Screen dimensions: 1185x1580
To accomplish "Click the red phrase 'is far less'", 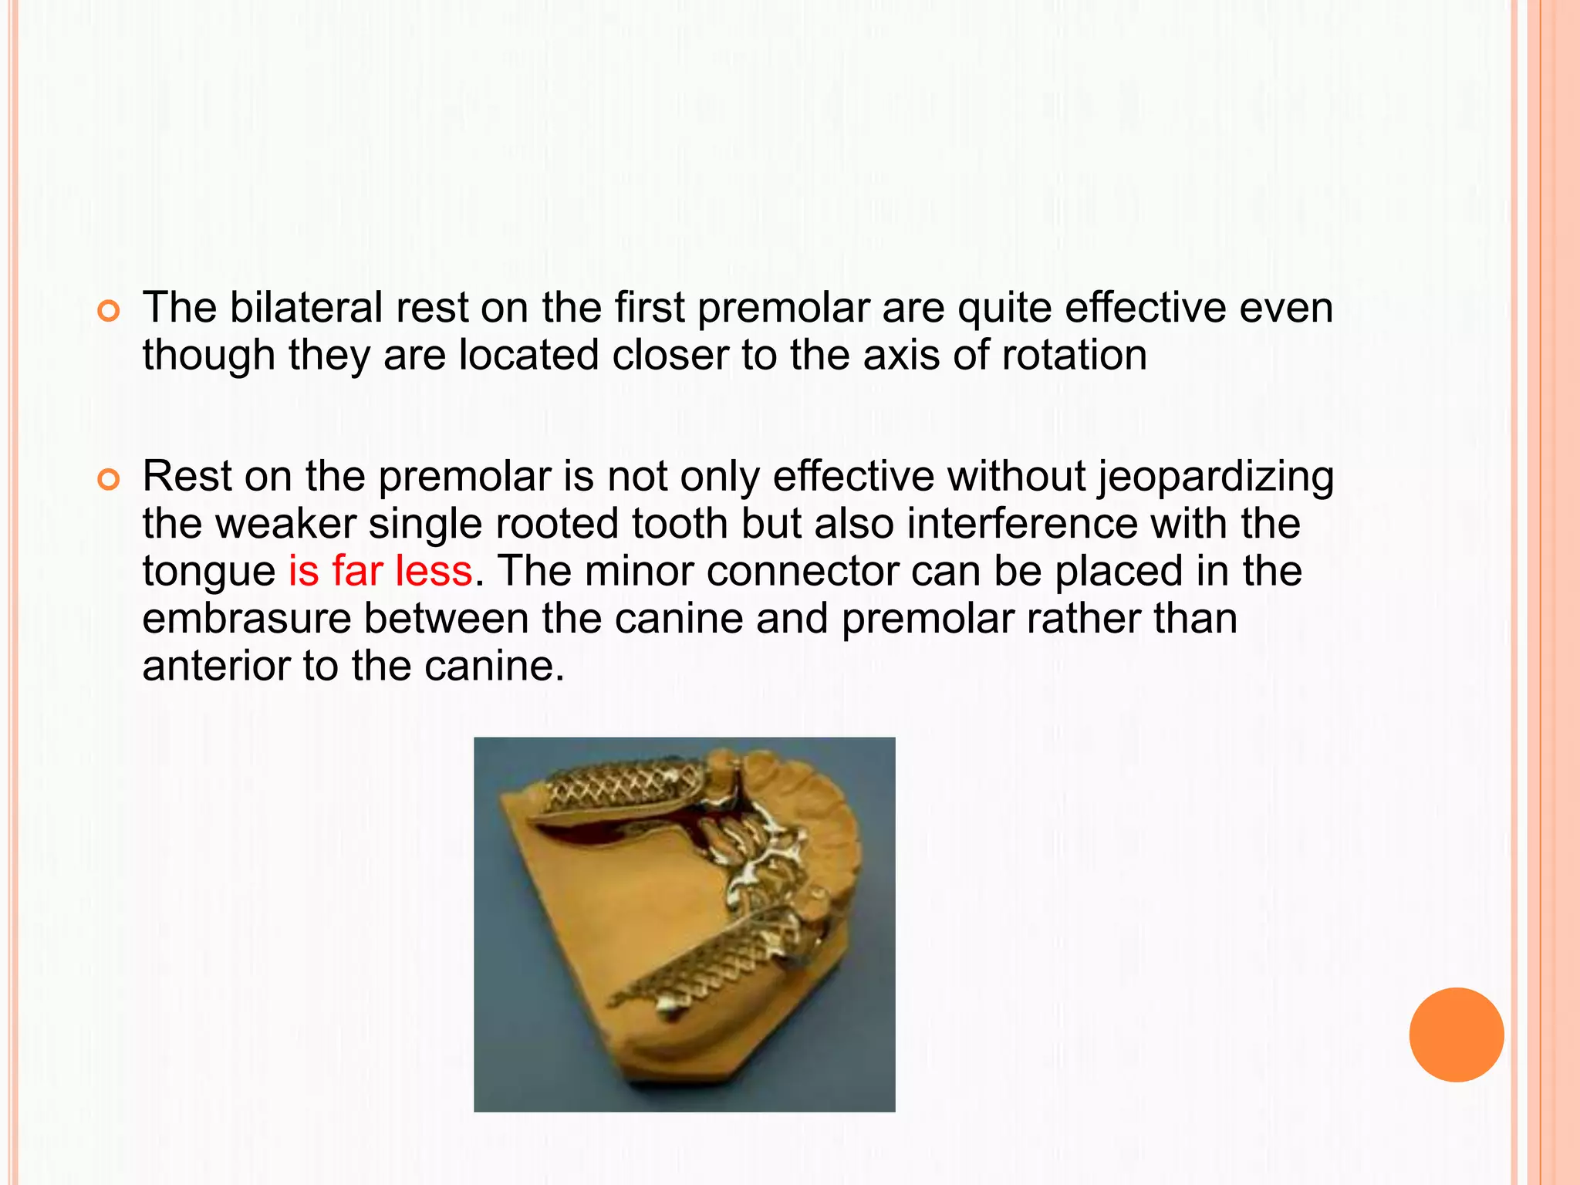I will point(380,572).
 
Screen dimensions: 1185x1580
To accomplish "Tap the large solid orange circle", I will point(1456,1035).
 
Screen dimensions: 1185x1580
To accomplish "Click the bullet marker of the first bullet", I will point(110,312).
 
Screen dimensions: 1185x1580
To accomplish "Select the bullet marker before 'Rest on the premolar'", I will point(110,480).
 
